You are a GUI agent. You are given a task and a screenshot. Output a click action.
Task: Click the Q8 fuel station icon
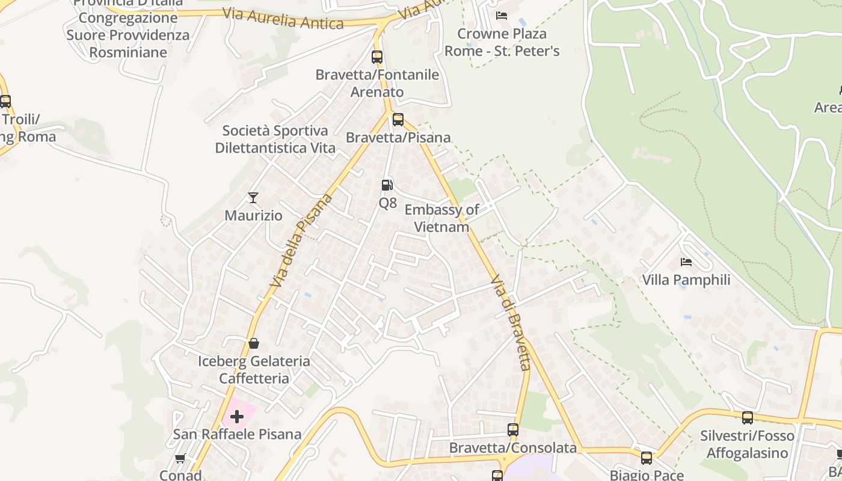pyautogui.click(x=387, y=185)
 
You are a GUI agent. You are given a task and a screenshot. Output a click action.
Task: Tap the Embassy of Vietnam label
pyautogui.click(x=441, y=218)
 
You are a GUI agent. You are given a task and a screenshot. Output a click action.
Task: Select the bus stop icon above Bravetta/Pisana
pyautogui.click(x=398, y=119)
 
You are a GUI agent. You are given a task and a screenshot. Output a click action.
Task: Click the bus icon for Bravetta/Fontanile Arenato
pyautogui.click(x=377, y=57)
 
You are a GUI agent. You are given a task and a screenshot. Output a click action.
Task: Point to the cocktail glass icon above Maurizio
pyautogui.click(x=253, y=197)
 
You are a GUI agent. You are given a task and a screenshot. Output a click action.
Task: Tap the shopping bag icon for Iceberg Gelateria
pyautogui.click(x=254, y=343)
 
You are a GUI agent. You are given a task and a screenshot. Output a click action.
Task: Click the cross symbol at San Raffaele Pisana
pyautogui.click(x=237, y=416)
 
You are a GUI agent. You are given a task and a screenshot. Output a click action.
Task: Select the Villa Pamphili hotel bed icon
pyautogui.click(x=686, y=262)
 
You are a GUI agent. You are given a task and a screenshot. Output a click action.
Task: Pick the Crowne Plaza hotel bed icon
pyautogui.click(x=502, y=15)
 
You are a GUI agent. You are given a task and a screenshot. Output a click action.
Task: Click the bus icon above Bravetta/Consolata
pyautogui.click(x=513, y=430)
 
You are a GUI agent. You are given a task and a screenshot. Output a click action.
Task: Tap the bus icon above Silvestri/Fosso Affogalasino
pyautogui.click(x=747, y=417)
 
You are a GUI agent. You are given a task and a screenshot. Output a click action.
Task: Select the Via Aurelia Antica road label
pyautogui.click(x=283, y=19)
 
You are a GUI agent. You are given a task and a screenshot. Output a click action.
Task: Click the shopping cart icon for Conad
pyautogui.click(x=180, y=459)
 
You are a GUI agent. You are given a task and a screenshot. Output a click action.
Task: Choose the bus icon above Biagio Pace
pyautogui.click(x=647, y=458)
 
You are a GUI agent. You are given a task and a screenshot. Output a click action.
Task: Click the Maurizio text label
pyautogui.click(x=253, y=215)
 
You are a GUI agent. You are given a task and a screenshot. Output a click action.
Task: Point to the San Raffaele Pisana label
pyautogui.click(x=237, y=434)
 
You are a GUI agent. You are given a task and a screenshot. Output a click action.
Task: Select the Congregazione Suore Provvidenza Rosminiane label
pyautogui.click(x=128, y=35)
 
